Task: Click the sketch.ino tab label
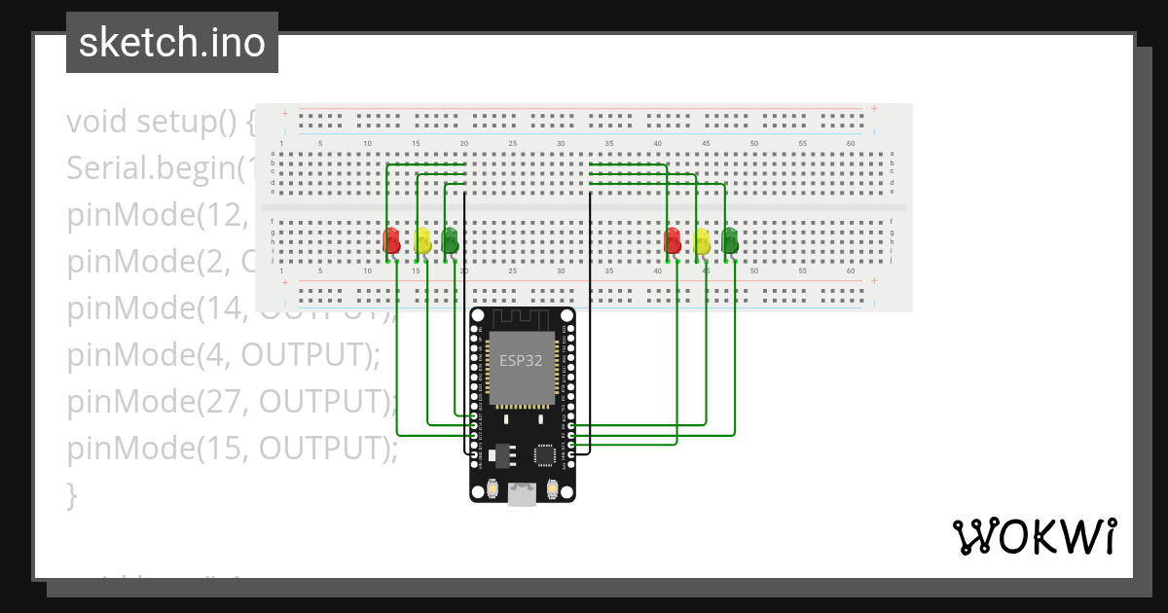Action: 172,43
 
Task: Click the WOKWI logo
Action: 1034,536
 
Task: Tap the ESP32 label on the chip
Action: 521,360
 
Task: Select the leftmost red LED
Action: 392,239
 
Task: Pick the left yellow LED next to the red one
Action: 421,240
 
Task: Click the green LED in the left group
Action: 450,239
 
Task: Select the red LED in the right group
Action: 673,239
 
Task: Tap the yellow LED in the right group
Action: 702,240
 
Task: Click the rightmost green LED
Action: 730,239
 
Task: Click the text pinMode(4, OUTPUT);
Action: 223,356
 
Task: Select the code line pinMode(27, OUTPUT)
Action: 232,402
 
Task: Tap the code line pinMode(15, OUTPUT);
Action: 232,448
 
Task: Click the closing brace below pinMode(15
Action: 72,494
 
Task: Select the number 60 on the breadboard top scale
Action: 851,144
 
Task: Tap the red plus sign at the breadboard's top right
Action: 874,109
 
